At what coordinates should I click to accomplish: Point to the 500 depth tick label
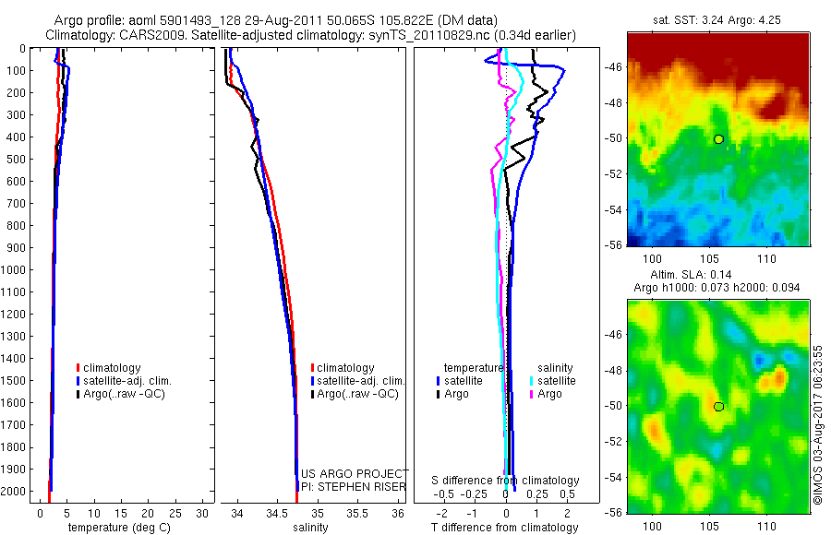17,159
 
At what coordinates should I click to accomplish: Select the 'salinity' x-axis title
310,528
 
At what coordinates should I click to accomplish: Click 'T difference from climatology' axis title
507,528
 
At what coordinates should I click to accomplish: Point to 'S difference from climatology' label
506,481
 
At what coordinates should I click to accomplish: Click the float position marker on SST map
718,138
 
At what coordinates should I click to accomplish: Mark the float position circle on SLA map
718,406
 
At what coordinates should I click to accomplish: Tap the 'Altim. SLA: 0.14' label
717,275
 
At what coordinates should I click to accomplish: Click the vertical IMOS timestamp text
818,425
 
